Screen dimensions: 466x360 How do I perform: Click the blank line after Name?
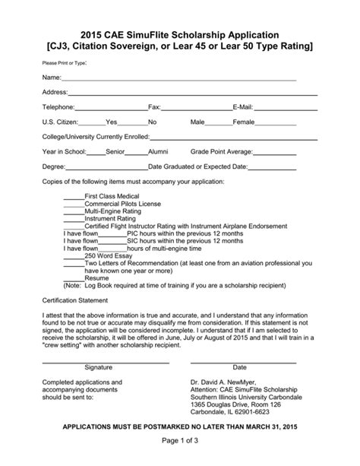pos(178,78)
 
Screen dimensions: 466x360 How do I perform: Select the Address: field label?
pos(55,92)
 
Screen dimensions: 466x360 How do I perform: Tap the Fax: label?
pos(154,107)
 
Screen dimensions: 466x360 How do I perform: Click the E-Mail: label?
pos(243,107)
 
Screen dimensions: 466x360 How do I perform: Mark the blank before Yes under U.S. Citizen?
pos(92,122)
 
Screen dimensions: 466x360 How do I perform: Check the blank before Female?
pos(219,122)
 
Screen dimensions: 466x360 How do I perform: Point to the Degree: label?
pos(53,166)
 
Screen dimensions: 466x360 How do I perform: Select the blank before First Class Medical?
pos(73,196)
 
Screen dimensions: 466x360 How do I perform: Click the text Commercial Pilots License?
pos(122,204)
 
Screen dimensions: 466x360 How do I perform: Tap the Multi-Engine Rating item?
pos(115,211)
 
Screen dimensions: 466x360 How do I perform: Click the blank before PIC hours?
pos(112,233)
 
